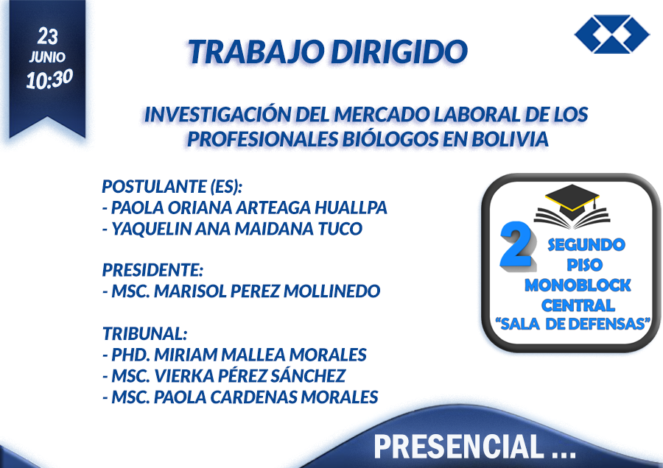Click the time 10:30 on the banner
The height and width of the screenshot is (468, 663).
[49, 79]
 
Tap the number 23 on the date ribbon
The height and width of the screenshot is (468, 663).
[47, 36]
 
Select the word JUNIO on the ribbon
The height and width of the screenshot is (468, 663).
[47, 57]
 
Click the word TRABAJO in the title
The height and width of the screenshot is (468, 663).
[257, 52]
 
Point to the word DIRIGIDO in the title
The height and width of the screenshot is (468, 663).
[399, 52]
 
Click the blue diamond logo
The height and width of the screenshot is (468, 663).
[612, 34]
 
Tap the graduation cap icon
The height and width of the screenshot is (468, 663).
[572, 207]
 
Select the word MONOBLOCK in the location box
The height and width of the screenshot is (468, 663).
[578, 286]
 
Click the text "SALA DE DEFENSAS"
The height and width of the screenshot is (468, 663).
[573, 324]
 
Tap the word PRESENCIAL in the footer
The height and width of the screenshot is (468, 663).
[458, 447]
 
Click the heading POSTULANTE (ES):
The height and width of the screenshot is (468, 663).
[172, 186]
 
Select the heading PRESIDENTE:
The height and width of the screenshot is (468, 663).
[152, 270]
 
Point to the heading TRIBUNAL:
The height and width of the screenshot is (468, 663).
[144, 333]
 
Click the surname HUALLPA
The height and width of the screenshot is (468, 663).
[351, 208]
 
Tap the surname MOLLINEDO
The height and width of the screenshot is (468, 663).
[332, 291]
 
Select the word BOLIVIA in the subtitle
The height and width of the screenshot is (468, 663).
[510, 139]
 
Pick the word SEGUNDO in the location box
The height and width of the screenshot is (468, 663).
[586, 245]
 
